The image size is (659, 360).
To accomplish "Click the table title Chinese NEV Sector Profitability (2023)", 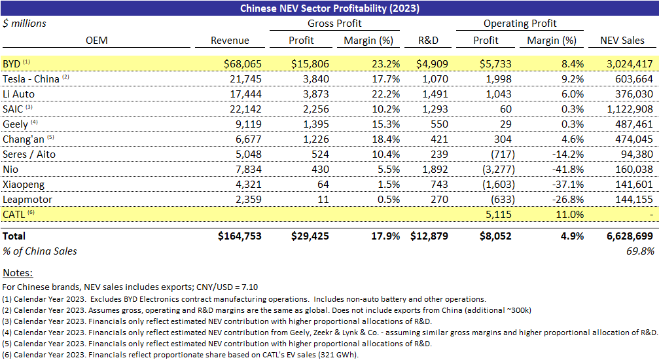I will pyautogui.click(x=329, y=9).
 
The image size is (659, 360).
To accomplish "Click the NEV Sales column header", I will pyautogui.click(x=622, y=41).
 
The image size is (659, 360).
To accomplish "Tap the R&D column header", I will pyautogui.click(x=429, y=41).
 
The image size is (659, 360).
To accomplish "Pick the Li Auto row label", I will pyautogui.click(x=19, y=94).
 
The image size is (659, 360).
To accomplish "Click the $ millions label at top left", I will pyautogui.click(x=25, y=24).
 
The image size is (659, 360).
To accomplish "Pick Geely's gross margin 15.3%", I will pyautogui.click(x=378, y=123).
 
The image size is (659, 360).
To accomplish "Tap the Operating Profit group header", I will pyautogui.click(x=520, y=24).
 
